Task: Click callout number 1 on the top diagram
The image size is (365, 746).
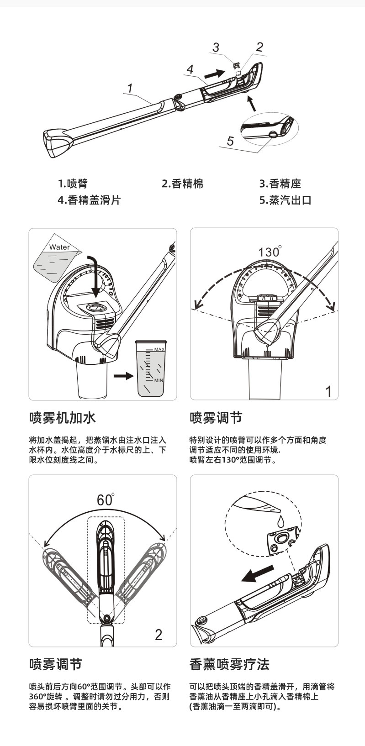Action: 130,88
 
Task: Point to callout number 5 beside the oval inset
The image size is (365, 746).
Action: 230,141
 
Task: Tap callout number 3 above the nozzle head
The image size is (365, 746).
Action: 216,47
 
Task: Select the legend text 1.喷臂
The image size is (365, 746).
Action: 73,184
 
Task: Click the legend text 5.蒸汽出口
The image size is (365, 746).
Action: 286,200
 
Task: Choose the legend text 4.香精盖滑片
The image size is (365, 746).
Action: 89,200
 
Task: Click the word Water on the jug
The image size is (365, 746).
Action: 59,247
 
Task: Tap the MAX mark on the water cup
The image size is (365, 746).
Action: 159,349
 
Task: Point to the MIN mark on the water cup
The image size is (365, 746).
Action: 159,380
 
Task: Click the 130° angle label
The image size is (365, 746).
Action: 270,252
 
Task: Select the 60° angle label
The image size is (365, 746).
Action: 106,500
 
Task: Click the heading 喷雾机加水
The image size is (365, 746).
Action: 63,418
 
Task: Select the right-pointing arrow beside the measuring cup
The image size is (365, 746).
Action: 123,376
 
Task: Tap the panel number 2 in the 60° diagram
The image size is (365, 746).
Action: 159,635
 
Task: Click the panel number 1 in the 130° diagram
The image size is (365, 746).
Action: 328,392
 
